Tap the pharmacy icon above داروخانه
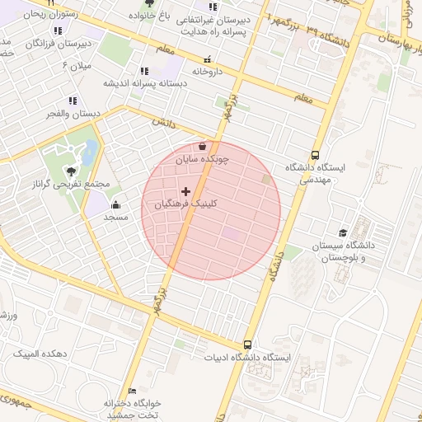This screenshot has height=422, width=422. [207, 59]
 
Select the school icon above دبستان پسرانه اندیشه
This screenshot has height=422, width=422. [145, 71]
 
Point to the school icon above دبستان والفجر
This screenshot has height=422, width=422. [73, 101]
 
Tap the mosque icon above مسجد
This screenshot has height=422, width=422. [115, 204]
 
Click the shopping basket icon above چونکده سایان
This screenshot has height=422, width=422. [202, 146]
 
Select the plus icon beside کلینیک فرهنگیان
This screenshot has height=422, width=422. [185, 191]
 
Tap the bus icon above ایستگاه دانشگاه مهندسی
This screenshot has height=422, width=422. [316, 154]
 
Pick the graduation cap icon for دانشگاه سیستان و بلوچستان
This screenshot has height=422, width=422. [343, 232]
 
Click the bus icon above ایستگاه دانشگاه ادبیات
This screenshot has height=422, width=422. [248, 345]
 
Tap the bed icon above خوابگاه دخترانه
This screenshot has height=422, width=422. [132, 390]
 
